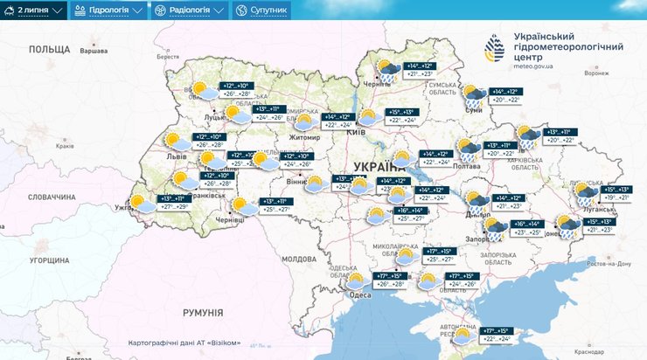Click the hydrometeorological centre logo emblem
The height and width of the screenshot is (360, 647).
(x=495, y=50)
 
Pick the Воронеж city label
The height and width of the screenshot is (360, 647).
(x=596, y=73)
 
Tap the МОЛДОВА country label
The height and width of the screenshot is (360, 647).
(x=298, y=259)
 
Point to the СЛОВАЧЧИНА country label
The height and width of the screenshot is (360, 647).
(x=52, y=197)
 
